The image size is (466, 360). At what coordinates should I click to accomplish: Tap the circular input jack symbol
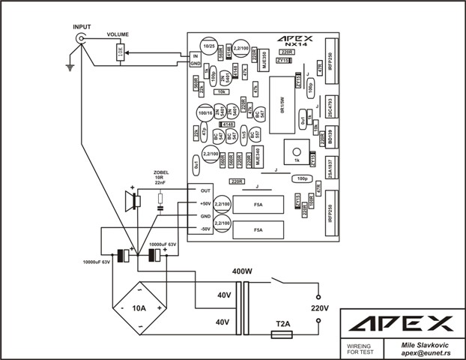(79, 37)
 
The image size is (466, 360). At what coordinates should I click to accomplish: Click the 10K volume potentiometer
(120, 52)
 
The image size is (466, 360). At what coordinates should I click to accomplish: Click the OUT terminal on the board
(205, 191)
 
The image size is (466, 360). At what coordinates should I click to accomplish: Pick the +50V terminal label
(205, 204)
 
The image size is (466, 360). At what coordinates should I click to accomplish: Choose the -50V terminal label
(205, 229)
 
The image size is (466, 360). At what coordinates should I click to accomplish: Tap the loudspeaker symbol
(133, 201)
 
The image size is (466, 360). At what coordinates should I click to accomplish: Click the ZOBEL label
(161, 172)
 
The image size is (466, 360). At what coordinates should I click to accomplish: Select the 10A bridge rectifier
(139, 307)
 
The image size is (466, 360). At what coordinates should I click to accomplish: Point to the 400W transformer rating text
(242, 271)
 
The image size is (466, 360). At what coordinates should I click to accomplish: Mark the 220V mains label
(320, 307)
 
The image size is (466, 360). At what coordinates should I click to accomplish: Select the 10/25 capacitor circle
(209, 47)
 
